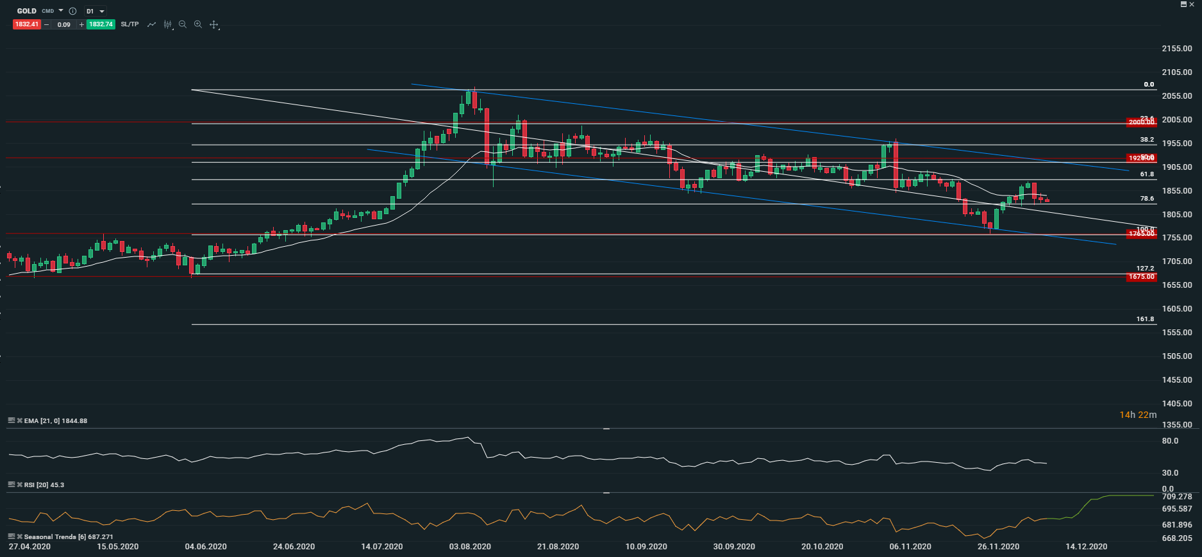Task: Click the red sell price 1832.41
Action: click(x=27, y=24)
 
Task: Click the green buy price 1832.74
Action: click(x=101, y=24)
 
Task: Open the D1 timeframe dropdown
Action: click(x=96, y=11)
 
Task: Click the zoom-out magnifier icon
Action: click(x=183, y=24)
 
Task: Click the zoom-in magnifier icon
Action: click(x=198, y=24)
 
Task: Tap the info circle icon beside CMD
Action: click(x=72, y=11)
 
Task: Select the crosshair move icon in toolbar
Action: click(x=214, y=25)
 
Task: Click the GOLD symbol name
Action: click(x=27, y=11)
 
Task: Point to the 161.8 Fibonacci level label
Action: click(x=1145, y=319)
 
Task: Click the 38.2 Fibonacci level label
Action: click(x=1147, y=139)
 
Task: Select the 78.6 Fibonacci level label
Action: click(x=1147, y=199)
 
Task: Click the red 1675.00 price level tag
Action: click(x=1141, y=277)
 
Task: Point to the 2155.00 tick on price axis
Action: click(x=1177, y=49)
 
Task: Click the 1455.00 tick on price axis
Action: click(x=1177, y=380)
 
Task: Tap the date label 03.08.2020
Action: click(x=470, y=547)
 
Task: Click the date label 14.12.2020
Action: click(x=1086, y=547)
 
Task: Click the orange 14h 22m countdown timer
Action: click(x=1138, y=415)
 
